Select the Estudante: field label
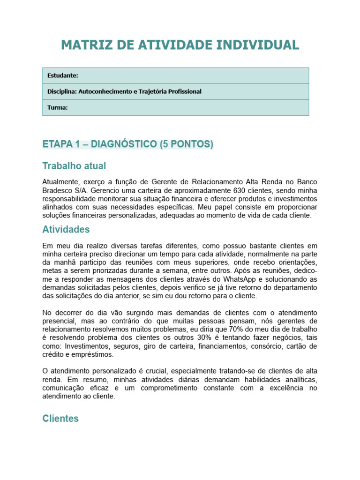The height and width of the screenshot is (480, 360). coord(63,75)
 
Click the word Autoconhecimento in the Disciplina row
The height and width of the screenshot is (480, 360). coord(104,91)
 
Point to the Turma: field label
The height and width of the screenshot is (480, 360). coord(58,107)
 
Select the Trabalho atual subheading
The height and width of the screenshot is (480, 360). coord(74,166)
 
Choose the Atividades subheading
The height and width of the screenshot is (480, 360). coord(66,229)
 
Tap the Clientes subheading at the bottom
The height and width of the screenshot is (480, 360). coord(60,419)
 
